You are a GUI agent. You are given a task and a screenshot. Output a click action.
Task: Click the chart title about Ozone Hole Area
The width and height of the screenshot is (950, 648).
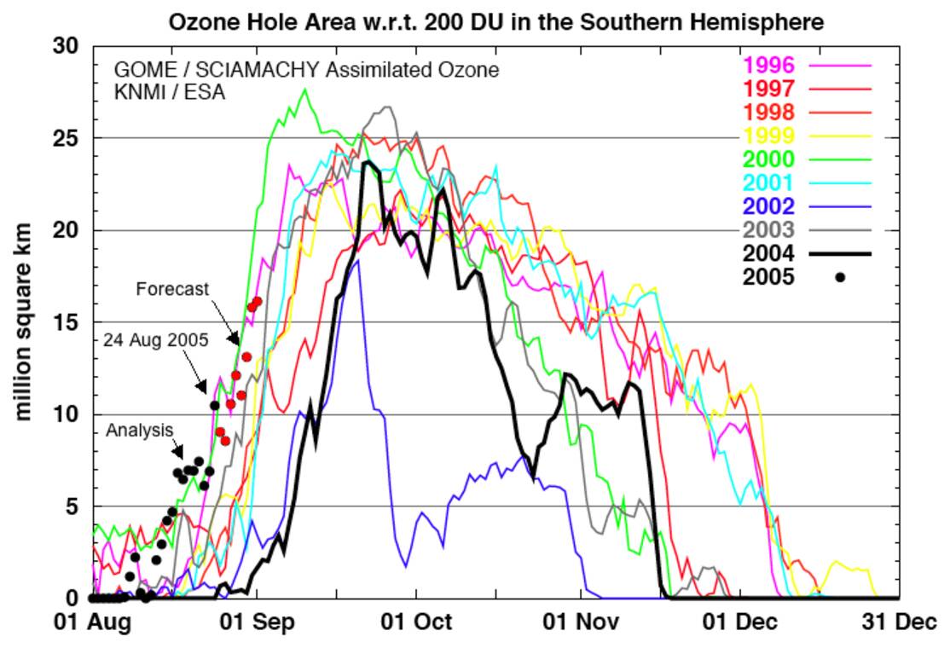(496, 21)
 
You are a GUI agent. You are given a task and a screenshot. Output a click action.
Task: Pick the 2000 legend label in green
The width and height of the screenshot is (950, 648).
(769, 159)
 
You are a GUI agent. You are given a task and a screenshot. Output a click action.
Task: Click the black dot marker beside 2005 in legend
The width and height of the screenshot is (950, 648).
(840, 277)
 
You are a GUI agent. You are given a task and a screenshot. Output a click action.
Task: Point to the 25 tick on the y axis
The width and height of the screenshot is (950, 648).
(65, 138)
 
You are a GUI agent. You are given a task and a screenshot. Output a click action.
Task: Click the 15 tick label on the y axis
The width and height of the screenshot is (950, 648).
(65, 322)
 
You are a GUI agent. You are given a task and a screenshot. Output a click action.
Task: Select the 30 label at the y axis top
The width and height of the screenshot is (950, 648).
(65, 46)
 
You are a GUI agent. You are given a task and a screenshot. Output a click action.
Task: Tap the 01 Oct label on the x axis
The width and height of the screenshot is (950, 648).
(416, 622)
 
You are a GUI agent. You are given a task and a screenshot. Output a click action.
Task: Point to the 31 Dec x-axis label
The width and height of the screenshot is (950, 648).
(899, 622)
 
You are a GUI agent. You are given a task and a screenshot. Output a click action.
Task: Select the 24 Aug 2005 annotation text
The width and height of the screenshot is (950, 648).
(156, 339)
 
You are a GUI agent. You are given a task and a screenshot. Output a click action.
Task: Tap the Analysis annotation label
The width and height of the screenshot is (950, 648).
(140, 431)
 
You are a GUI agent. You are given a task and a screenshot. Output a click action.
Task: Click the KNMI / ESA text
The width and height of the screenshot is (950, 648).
(170, 92)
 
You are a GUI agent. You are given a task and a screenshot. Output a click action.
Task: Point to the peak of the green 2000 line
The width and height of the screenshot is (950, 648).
(305, 89)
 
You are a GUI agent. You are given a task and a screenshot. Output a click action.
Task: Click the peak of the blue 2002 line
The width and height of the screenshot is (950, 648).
(359, 261)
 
